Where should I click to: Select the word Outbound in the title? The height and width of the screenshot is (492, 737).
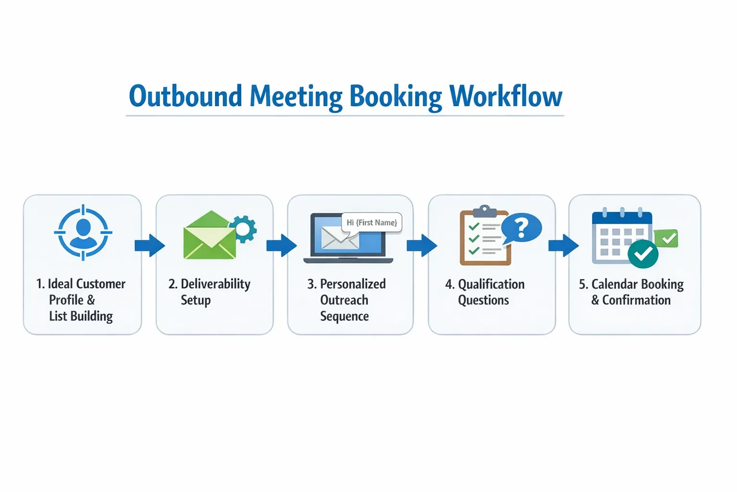tap(185, 96)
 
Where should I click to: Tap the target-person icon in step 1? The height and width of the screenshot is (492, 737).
tap(83, 233)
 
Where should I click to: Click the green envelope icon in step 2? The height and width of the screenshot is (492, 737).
tap(210, 236)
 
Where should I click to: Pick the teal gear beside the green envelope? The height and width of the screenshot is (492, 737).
tap(243, 229)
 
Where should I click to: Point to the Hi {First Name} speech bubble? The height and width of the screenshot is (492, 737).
tap(372, 222)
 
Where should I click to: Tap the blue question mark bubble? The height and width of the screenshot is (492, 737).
tap(522, 227)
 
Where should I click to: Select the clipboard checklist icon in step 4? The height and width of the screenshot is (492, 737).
tap(484, 238)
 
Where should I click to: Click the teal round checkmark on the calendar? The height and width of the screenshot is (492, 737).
tap(643, 253)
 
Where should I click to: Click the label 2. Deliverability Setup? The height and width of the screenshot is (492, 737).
tap(210, 292)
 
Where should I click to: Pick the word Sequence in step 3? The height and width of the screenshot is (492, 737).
tap(345, 316)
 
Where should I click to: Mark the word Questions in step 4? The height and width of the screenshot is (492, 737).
tap(483, 300)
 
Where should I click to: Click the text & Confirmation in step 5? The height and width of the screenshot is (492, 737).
tap(631, 300)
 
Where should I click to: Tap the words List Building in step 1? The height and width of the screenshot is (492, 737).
tap(81, 316)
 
